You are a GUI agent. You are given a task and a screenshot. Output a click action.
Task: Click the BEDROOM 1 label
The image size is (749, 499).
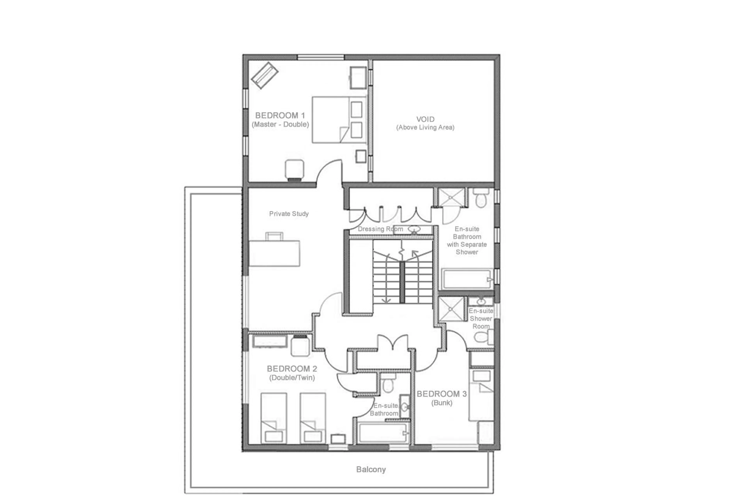280,115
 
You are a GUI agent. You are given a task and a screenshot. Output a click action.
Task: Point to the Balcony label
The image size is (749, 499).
371,469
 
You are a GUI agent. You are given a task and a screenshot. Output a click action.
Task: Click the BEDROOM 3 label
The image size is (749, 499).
442,394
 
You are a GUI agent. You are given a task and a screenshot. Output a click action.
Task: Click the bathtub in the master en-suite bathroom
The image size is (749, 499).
466,279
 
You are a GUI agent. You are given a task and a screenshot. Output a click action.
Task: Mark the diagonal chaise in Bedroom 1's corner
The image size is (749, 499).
264,75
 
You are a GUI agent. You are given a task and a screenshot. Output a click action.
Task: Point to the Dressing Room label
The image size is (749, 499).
380,229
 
